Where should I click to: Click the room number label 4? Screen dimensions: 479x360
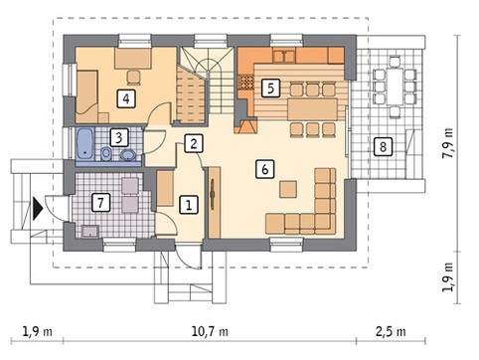pos(126,98)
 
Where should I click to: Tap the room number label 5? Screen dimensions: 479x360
pos(270,89)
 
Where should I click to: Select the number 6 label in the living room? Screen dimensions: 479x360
pos(265,169)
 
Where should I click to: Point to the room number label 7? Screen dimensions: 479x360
pos(100,202)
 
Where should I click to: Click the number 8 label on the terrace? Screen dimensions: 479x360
pos(383,146)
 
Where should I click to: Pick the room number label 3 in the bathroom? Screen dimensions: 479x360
pos(119,137)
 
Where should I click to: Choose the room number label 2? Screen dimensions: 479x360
pos(194,143)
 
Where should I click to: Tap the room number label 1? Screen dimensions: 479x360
pos(189,204)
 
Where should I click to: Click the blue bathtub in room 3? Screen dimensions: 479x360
pos(85,144)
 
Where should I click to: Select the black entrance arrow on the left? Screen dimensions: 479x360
pos(38,209)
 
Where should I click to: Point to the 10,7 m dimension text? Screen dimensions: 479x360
pos(210,331)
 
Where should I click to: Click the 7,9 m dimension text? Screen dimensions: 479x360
pos(448,143)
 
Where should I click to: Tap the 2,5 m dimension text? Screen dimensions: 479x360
pos(391,331)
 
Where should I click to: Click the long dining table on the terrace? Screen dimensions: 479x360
pos(395,86)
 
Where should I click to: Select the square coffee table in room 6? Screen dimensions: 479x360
pos(288,189)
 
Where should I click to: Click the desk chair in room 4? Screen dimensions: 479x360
pos(133,77)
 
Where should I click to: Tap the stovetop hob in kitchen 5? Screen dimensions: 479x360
pos(245,83)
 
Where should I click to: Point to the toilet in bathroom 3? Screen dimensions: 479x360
pos(106,154)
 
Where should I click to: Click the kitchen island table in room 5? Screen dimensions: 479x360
pos(312,108)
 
